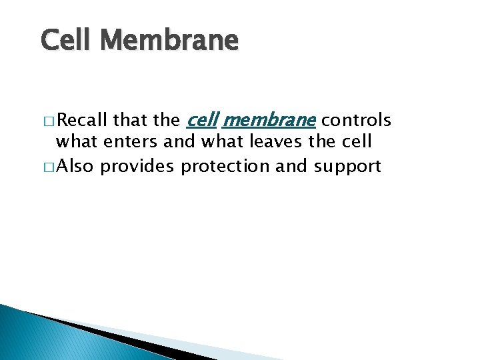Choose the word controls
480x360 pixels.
pyautogui.click(x=356, y=121)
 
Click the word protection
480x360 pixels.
pyautogui.click(x=225, y=166)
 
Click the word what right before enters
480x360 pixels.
pyautogui.click(x=76, y=143)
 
